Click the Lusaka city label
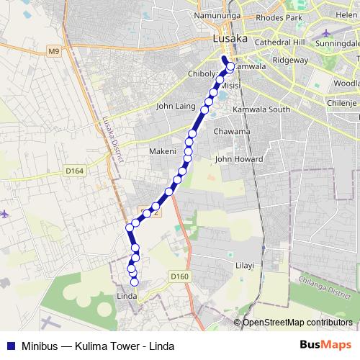(230, 39)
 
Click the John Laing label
(176, 107)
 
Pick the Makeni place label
(162, 151)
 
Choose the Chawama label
(233, 132)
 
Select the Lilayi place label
(245, 266)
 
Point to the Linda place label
(127, 296)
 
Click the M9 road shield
(55, 50)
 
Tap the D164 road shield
(74, 171)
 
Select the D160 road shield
(180, 276)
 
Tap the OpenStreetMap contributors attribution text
(297, 322)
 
